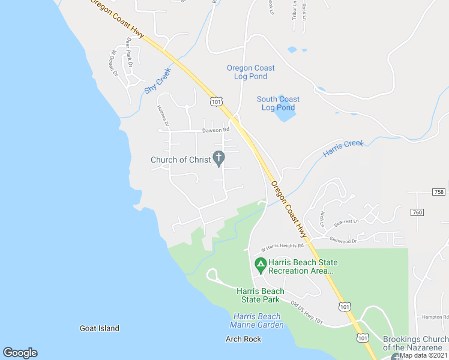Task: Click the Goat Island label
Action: point(100,328)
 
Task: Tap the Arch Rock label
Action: point(244,339)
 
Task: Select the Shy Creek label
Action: point(158,81)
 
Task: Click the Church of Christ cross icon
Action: point(220,159)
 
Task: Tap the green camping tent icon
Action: point(261,264)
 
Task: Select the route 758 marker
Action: point(439,191)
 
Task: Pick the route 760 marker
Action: point(417,212)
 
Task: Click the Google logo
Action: point(20,353)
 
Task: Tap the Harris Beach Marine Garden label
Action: point(256,320)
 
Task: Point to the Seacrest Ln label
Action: point(346,221)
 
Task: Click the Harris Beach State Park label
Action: point(261,295)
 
